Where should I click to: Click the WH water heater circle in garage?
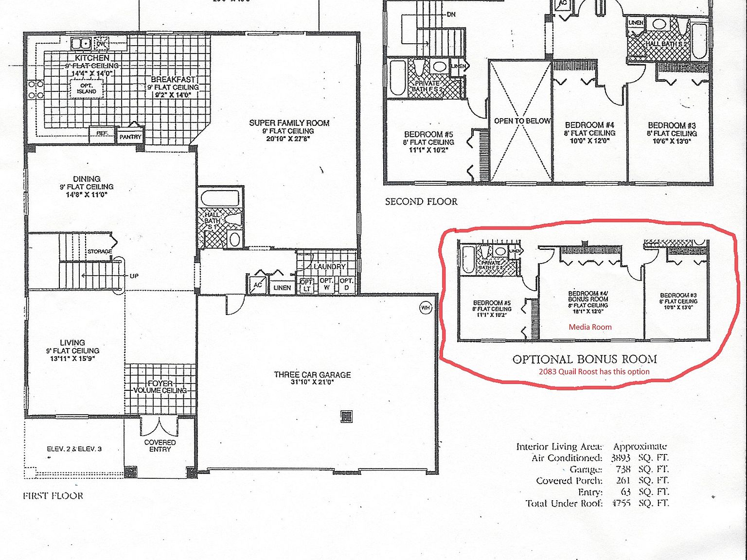tap(426, 308)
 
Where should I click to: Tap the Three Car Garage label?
tap(312, 375)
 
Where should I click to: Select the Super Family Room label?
tap(289, 123)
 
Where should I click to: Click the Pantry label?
tap(130, 137)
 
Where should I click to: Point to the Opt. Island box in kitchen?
tap(87, 88)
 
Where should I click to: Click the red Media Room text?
tap(590, 327)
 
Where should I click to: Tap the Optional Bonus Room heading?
tap(585, 359)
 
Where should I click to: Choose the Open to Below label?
tap(522, 121)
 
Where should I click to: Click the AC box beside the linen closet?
tap(257, 285)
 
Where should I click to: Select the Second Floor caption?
tap(421, 202)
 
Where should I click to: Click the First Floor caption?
tap(53, 496)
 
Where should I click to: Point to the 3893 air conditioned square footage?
tap(621, 458)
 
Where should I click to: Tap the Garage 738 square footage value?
tap(622, 469)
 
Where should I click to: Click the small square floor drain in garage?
tap(346, 417)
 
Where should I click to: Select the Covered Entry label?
tap(160, 446)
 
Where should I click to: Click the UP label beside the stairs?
tap(134, 276)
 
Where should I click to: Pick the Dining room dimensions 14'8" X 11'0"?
tap(87, 194)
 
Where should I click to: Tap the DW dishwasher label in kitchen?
tap(101, 44)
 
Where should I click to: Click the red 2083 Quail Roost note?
tap(594, 371)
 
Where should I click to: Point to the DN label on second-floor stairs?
tap(451, 15)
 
